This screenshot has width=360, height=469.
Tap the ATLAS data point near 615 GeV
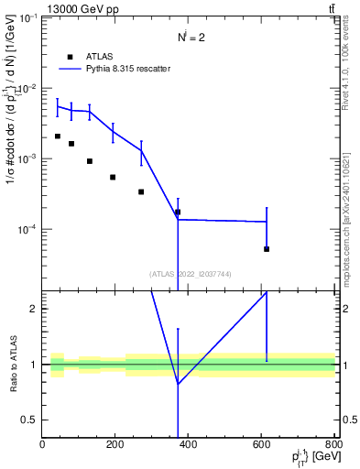point(267,249)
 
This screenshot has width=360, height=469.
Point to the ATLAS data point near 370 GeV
point(178,212)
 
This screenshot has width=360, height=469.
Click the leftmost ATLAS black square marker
point(57,136)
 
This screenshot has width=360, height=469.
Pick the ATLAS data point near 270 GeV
point(141,191)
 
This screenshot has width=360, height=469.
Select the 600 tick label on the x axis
point(262,444)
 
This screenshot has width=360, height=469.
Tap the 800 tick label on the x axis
point(333,444)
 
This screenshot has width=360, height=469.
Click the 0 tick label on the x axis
point(42,444)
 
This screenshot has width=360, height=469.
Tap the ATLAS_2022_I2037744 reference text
point(188,273)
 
